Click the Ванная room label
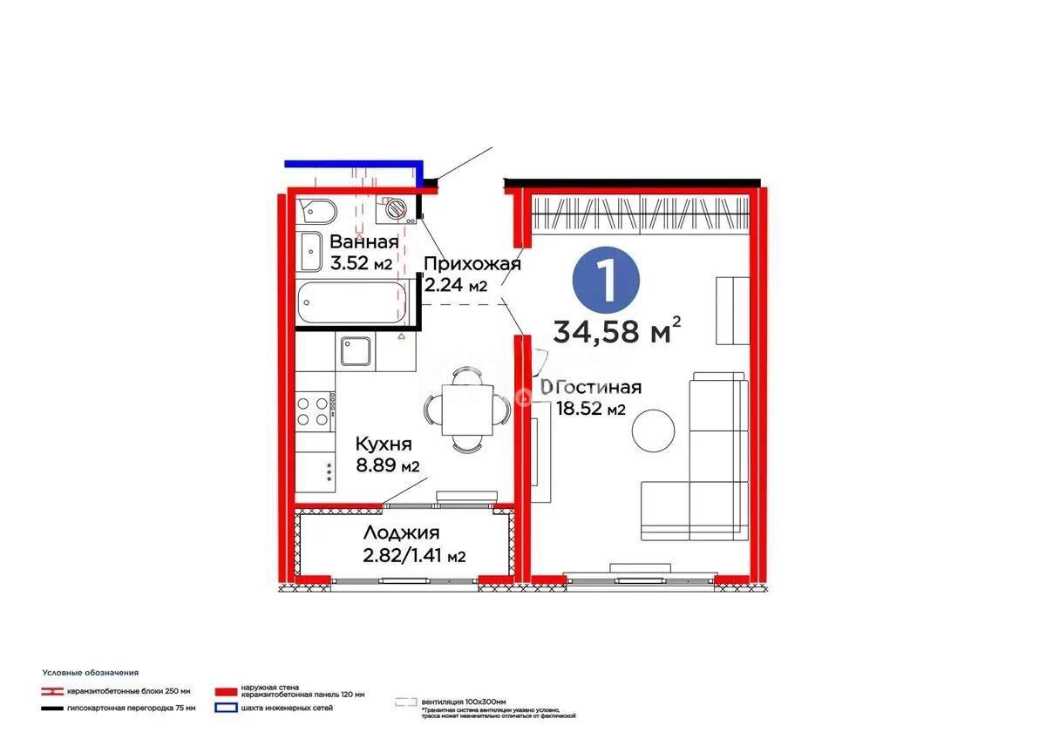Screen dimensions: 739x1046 [364, 242]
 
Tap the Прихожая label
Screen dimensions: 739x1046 [472, 264]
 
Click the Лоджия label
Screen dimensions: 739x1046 [402, 533]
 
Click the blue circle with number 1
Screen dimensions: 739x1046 [607, 279]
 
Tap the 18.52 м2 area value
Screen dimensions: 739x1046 [593, 410]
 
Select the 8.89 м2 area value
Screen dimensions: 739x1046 [387, 465]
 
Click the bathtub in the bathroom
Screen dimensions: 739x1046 [347, 303]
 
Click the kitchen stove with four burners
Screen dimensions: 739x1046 [316, 411]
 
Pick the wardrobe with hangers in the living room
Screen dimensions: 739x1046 [641, 214]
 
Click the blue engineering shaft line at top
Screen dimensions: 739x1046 [353, 163]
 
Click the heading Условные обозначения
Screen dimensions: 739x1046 [91, 673]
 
